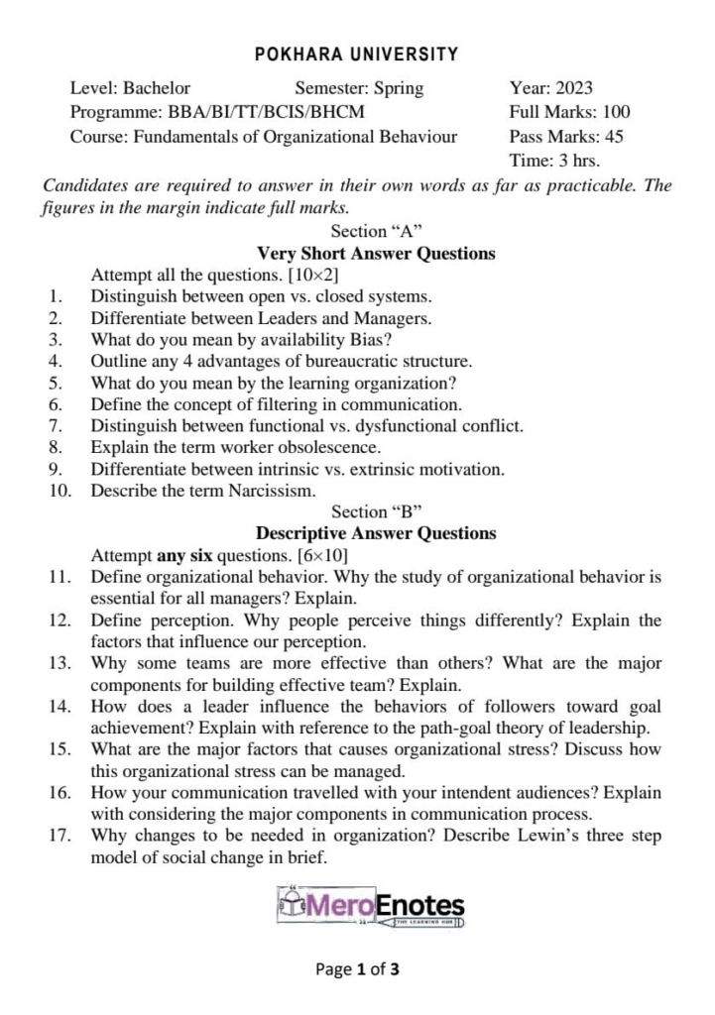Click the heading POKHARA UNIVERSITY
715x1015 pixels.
point(357,55)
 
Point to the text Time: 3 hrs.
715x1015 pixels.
point(554,161)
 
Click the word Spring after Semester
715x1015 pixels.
point(398,88)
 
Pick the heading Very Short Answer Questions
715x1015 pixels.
point(376,253)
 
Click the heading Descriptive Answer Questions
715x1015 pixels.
point(376,533)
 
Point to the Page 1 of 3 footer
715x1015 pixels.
point(357,969)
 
